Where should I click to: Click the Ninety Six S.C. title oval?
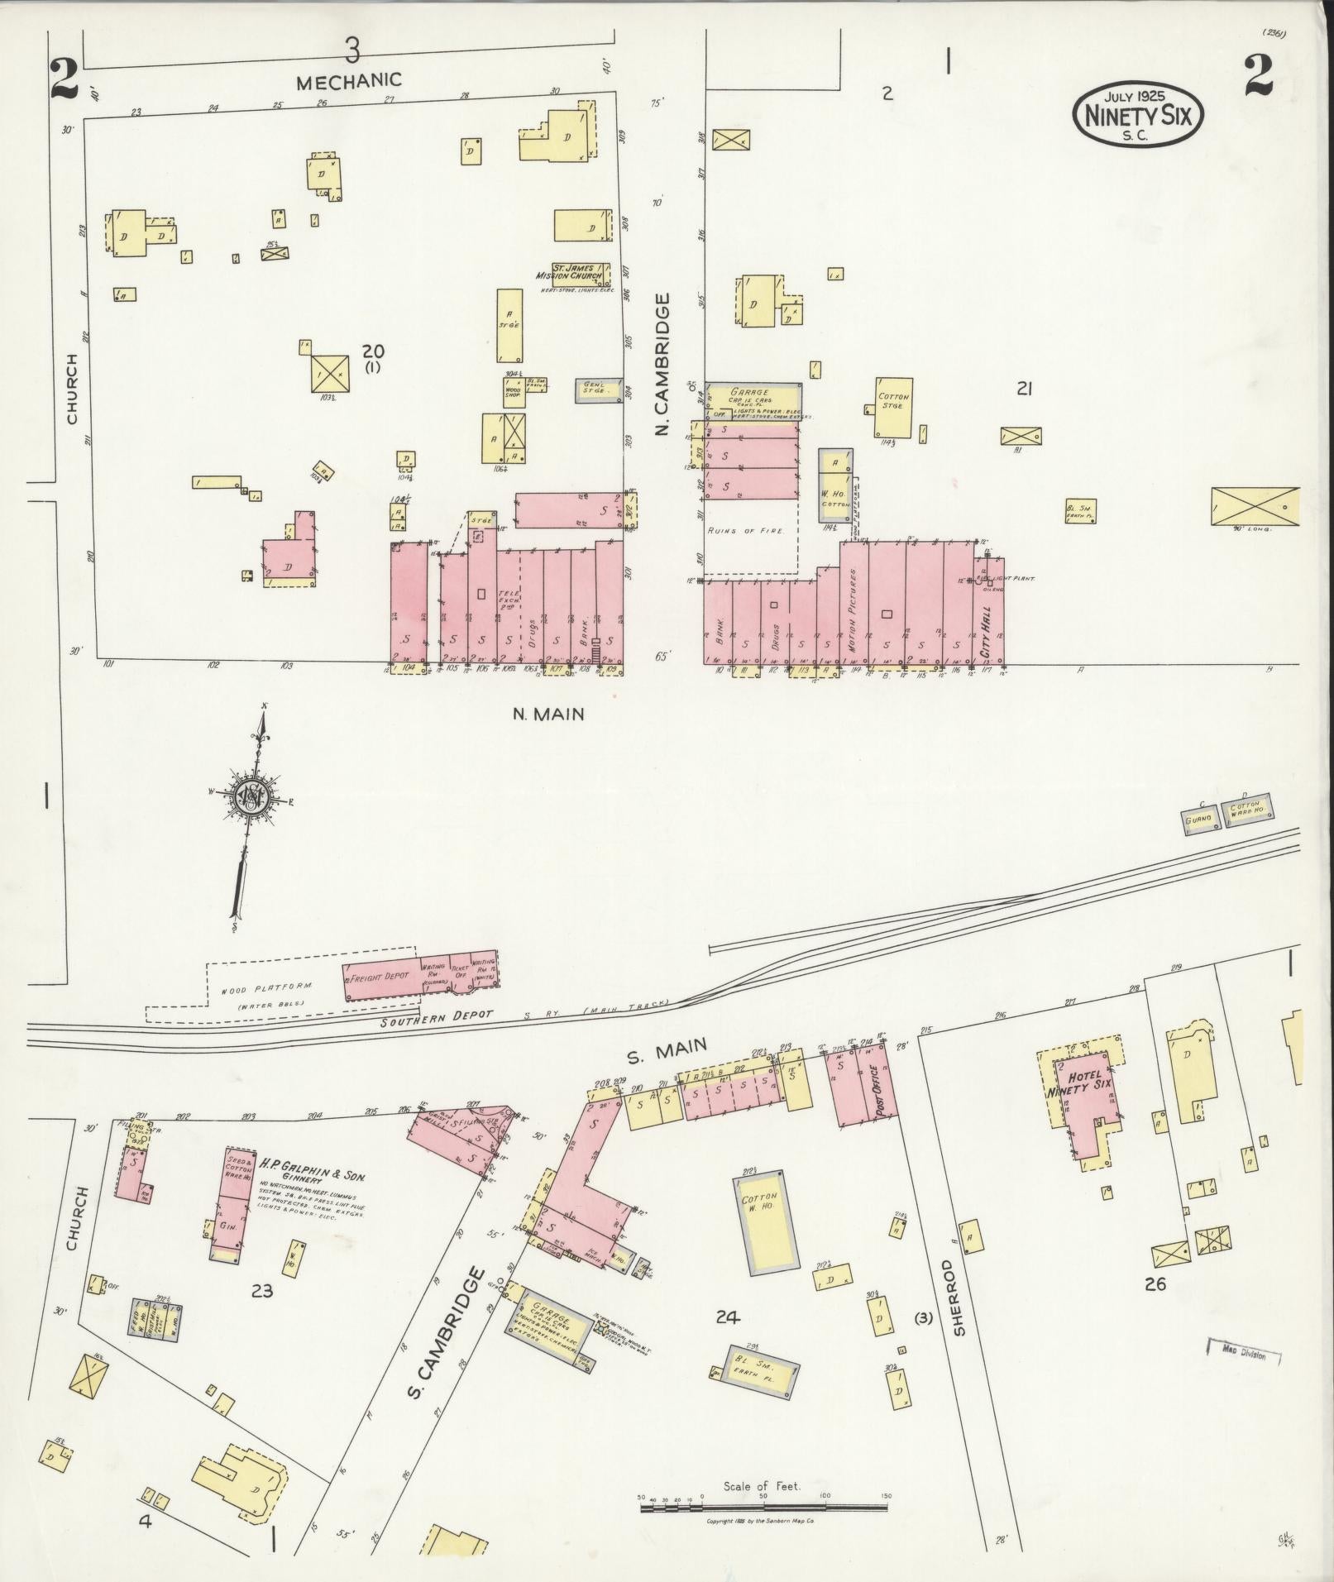pos(1138,115)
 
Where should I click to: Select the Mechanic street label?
pos(349,81)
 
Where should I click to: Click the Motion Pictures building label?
pos(853,609)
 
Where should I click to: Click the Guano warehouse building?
pos(1198,819)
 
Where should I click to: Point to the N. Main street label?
pos(547,715)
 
